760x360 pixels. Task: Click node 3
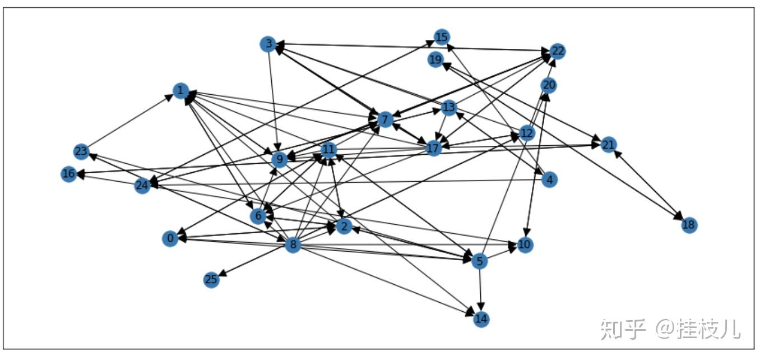268,44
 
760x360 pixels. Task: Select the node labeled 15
442,38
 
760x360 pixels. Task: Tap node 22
557,51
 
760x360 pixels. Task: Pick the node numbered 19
436,59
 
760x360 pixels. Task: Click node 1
180,90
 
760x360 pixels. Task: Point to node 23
81,151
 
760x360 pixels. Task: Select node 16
68,174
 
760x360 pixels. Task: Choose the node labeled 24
142,186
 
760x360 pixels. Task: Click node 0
170,239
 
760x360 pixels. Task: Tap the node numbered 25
211,280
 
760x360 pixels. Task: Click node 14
481,319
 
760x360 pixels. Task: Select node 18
689,225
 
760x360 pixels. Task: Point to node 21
608,145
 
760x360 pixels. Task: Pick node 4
550,179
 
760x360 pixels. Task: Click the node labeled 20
549,85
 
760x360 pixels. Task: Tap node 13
449,107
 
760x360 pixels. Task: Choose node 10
524,245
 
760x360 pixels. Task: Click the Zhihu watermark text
670,329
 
